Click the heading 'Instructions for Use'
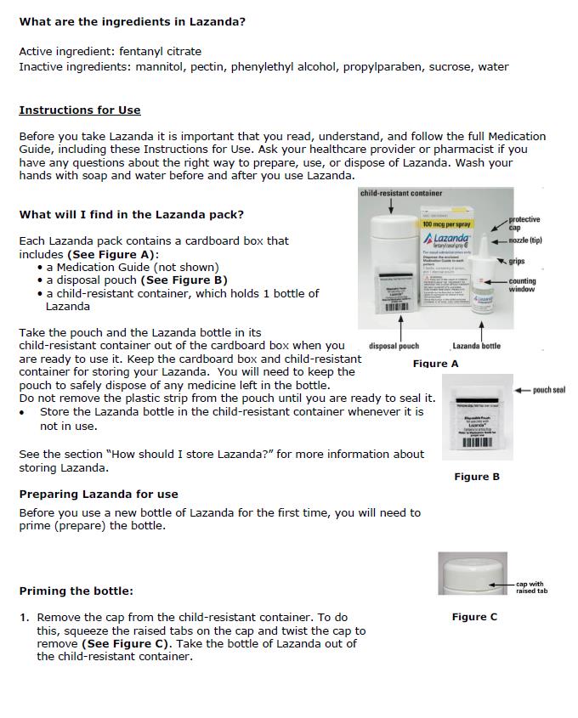click(x=80, y=110)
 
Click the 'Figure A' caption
click(x=435, y=364)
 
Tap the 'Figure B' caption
click(x=477, y=477)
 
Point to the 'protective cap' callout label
click(x=524, y=223)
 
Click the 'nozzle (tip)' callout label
click(x=525, y=240)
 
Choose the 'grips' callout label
click(x=517, y=261)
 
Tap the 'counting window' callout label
click(x=522, y=286)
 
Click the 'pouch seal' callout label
click(x=548, y=390)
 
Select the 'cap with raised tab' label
click(x=530, y=587)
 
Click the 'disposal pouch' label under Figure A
click(x=394, y=346)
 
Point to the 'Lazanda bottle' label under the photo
click(x=476, y=346)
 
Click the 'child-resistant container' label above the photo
click(x=401, y=194)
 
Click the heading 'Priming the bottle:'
click(x=76, y=591)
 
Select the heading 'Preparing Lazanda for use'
click(x=99, y=494)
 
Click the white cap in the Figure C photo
click(x=470, y=570)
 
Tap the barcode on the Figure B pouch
click(x=477, y=442)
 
